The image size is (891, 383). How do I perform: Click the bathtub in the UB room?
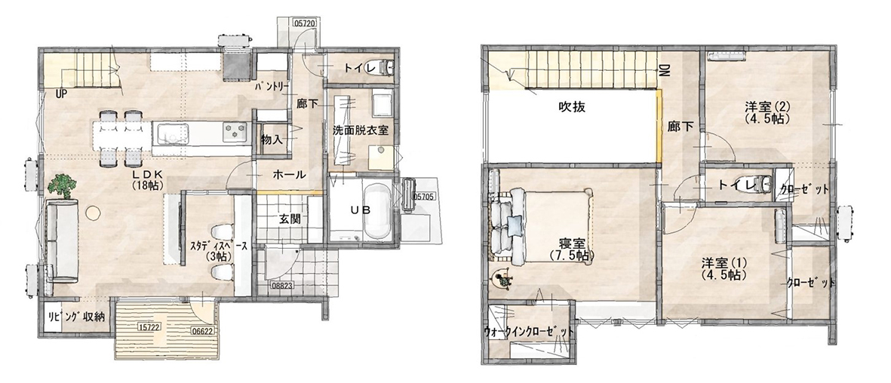click(x=376, y=212)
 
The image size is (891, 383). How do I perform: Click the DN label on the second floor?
click(x=662, y=70)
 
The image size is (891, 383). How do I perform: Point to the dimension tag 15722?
click(x=149, y=326)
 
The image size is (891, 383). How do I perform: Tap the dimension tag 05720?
click(x=306, y=24)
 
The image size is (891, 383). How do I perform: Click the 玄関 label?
click(x=289, y=218)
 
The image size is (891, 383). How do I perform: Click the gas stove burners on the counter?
click(x=235, y=132)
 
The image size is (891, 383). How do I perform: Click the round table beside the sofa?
click(x=94, y=213)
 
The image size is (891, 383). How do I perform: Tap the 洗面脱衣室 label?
click(x=361, y=130)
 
